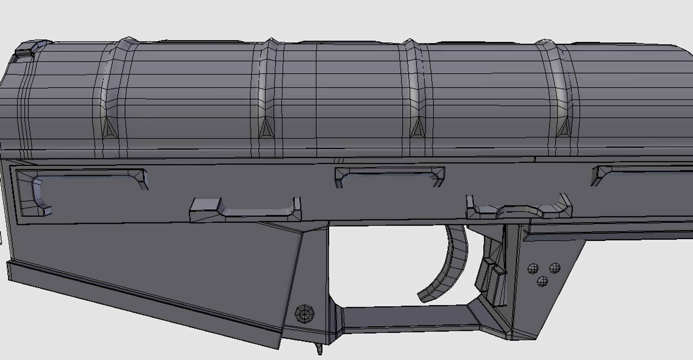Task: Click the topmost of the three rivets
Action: pos(555,268)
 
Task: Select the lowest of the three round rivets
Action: pos(542,281)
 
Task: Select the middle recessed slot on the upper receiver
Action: pos(390,177)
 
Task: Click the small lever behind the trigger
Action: pos(491,274)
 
